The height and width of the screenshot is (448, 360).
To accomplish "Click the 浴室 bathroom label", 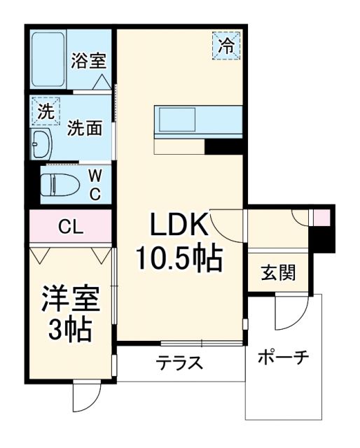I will pos(88,61).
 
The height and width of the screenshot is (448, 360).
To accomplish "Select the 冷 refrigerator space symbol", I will pos(226,46).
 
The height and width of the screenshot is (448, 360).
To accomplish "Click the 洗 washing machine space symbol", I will pos(45,111).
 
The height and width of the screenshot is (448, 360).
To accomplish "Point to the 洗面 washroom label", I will pos(85,128).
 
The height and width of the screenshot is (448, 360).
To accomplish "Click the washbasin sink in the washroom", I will pos(41,143).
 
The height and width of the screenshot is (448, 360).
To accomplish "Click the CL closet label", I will pos(68,226).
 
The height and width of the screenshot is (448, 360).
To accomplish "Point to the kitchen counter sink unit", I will pos(198,121).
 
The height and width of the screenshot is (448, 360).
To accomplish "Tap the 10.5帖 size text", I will pos(179,260).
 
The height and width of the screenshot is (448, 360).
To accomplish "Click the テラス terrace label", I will pos(179,363).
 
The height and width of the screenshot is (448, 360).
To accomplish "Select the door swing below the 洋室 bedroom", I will pos(85,398).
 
